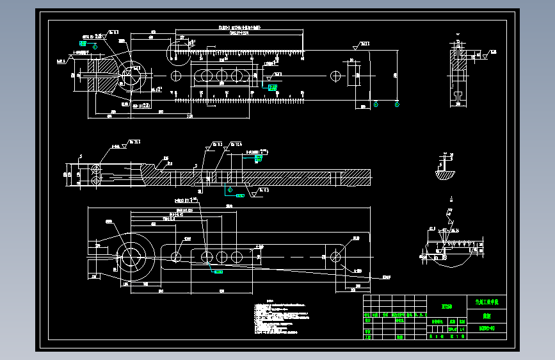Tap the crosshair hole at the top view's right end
point(334,76)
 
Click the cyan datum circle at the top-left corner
point(95,47)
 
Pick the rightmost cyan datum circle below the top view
point(397,104)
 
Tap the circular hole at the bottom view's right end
point(334,256)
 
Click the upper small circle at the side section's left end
point(94,168)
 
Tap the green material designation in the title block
point(446,306)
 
